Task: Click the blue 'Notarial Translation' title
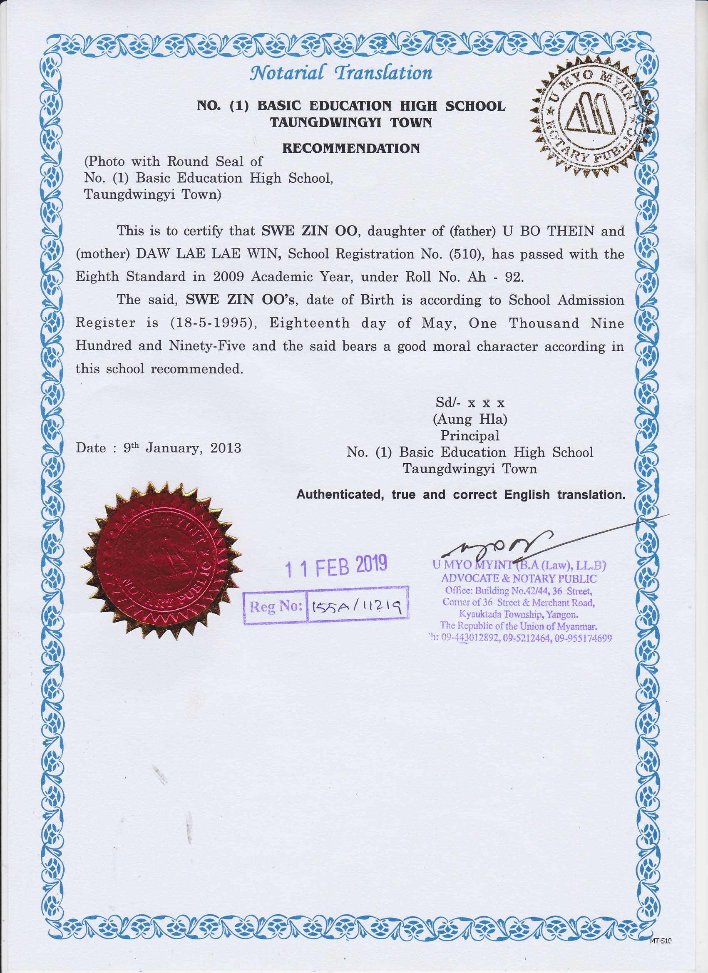tap(341, 73)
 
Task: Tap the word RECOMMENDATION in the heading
tap(350, 149)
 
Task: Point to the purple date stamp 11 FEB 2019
tap(336, 566)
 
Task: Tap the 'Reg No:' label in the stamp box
tap(276, 606)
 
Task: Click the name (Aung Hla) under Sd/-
tap(470, 419)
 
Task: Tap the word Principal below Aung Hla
tap(470, 435)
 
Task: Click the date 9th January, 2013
tap(182, 448)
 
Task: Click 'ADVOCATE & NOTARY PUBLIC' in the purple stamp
tap(519, 578)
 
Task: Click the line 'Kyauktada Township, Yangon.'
tap(519, 614)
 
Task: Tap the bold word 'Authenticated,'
tap(340, 495)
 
